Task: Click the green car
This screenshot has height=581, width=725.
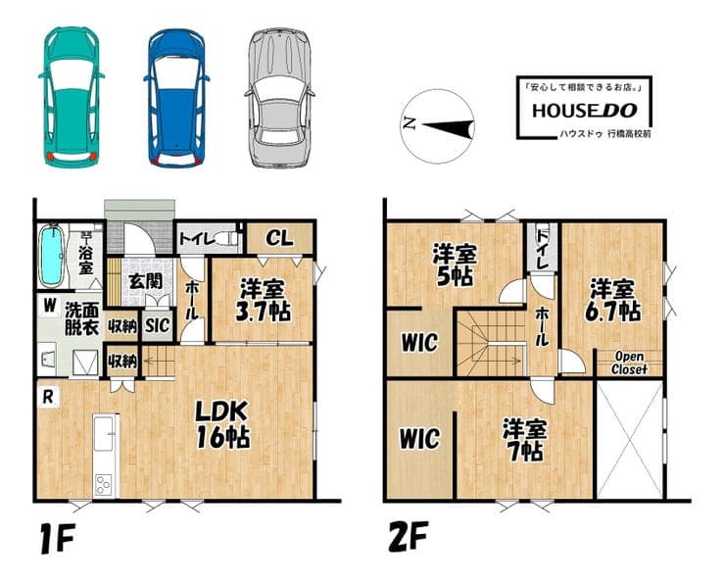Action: pyautogui.click(x=72, y=97)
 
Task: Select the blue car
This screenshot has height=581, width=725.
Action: pyautogui.click(x=176, y=98)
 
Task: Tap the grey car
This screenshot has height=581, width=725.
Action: pyautogui.click(x=279, y=98)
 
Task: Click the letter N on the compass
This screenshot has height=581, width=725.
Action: pyautogui.click(x=409, y=122)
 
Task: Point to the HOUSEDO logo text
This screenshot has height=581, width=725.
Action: pyautogui.click(x=585, y=111)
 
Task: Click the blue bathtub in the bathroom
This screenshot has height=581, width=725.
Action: pyautogui.click(x=51, y=256)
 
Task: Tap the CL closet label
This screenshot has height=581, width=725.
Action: pyautogui.click(x=279, y=238)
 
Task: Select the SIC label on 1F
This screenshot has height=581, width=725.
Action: pyautogui.click(x=157, y=325)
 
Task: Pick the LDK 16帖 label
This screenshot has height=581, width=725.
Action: pyautogui.click(x=222, y=424)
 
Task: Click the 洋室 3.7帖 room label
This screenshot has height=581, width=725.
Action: pyautogui.click(x=263, y=301)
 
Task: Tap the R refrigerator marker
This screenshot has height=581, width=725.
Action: pyautogui.click(x=48, y=397)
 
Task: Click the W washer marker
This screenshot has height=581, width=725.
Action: pyautogui.click(x=50, y=306)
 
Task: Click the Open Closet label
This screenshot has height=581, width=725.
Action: pyautogui.click(x=629, y=363)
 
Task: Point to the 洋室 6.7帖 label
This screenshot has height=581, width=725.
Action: pyautogui.click(x=612, y=301)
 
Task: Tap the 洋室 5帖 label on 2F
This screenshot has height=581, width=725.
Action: pyautogui.click(x=454, y=266)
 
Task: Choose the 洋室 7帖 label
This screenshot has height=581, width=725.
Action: pyautogui.click(x=524, y=440)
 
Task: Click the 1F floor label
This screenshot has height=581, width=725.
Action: pyautogui.click(x=57, y=539)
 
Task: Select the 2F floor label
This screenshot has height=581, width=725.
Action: pyautogui.click(x=408, y=536)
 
